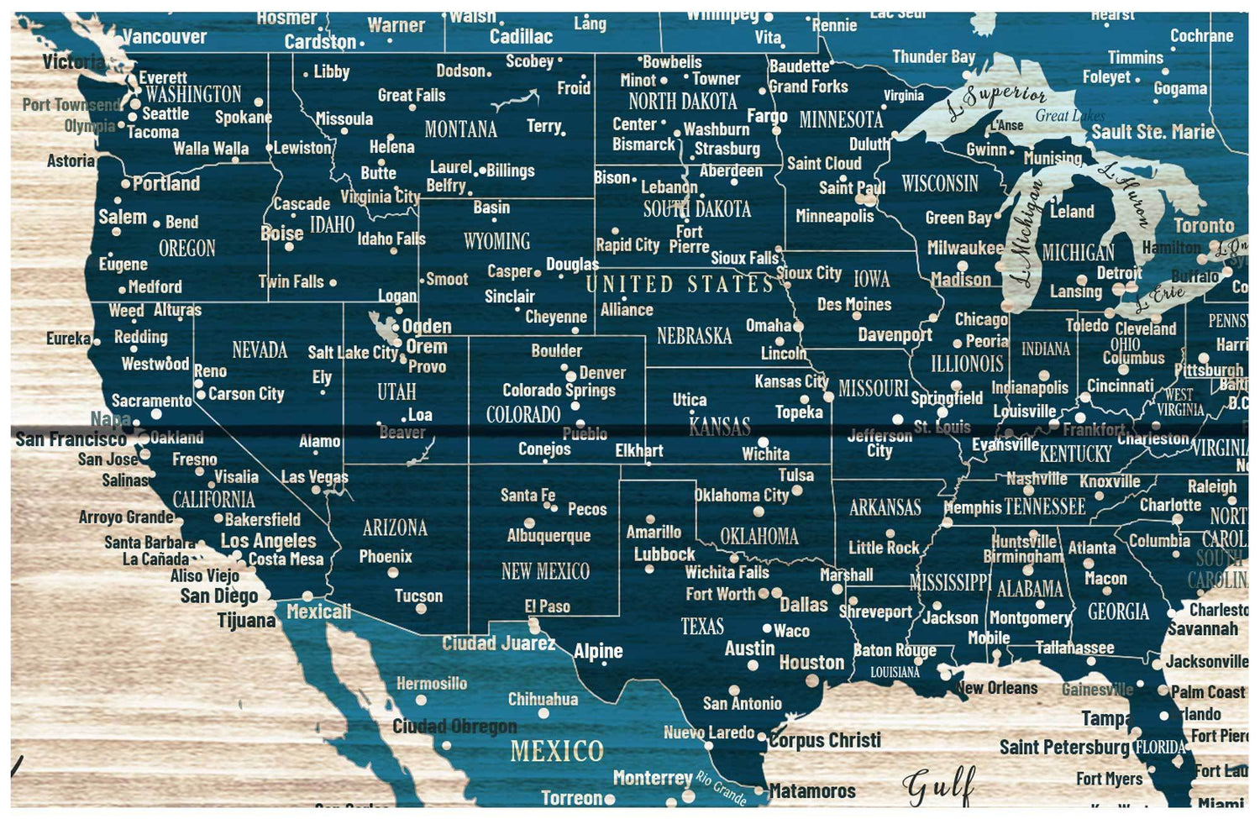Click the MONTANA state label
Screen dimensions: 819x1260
pos(460,129)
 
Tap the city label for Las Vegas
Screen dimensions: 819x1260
pos(314,477)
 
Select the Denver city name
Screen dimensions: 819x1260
pos(601,372)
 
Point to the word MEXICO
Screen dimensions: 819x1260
pos(556,750)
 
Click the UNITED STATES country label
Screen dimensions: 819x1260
pos(679,284)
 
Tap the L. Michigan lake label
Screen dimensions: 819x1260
pos(1026,233)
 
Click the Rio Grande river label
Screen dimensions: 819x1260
pos(721,787)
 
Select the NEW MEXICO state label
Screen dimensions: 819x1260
pos(545,572)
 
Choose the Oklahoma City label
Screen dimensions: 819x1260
pos(741,495)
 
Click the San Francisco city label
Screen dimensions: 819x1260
pos(71,438)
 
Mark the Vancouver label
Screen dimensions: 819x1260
pos(164,36)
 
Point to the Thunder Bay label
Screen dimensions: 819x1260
pos(933,57)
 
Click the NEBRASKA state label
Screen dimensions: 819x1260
pos(694,336)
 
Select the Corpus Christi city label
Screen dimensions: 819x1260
pos(825,740)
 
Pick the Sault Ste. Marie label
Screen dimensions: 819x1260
pos(1152,132)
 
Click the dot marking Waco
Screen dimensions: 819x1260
pos(767,628)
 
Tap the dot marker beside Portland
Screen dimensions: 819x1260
pos(126,183)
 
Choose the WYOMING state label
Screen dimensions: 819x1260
pos(496,242)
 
